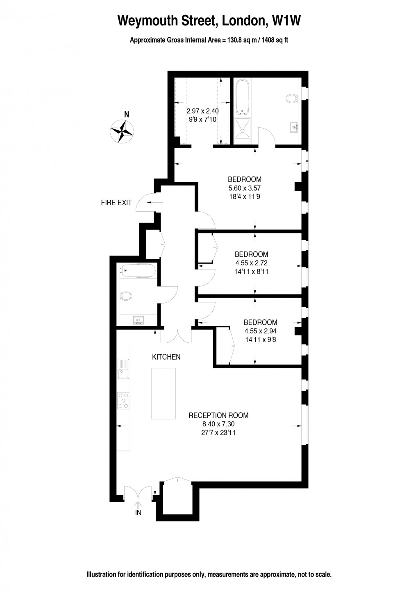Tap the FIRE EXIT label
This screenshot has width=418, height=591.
tap(116, 202)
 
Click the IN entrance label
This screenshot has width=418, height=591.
tap(138, 512)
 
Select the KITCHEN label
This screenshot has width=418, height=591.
tap(166, 357)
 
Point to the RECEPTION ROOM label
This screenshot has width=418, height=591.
tap(218, 415)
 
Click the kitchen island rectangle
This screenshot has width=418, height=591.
tap(164, 393)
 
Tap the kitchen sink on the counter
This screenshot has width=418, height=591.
tap(123, 369)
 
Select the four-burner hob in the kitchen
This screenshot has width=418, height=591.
tap(123, 401)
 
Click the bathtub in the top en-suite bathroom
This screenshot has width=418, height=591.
tap(242, 97)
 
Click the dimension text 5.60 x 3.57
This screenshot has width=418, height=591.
tap(244, 188)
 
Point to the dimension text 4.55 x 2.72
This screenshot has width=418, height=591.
tap(251, 263)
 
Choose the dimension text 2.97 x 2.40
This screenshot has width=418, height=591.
tap(202, 111)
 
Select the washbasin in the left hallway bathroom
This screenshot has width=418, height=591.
tap(138, 320)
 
